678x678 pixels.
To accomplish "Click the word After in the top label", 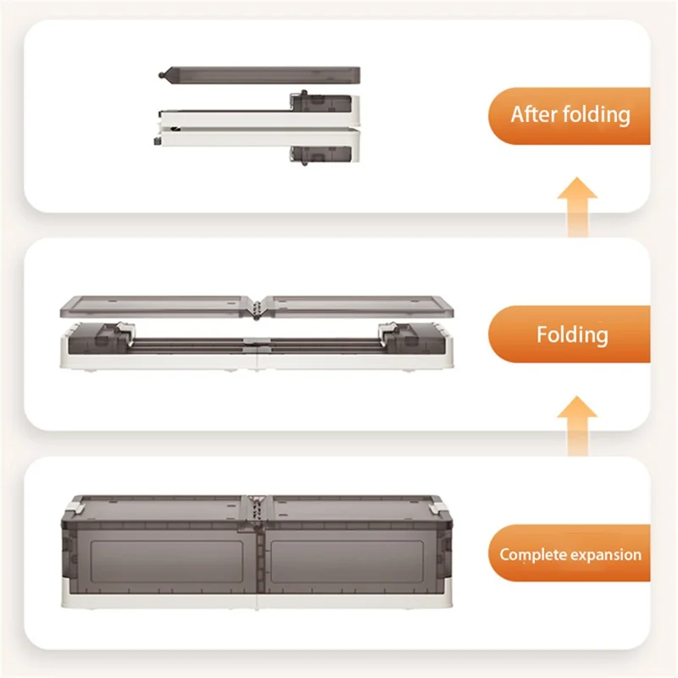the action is pos(534,114).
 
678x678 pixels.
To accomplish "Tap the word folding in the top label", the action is pos(597,115).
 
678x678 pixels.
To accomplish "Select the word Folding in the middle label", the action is pos(573,335).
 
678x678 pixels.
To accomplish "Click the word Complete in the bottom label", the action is pos(526,555).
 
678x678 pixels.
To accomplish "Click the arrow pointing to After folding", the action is pos(577,207).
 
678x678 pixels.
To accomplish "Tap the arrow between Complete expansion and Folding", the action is pos(577,425).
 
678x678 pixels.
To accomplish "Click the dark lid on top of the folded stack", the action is pos(259,75).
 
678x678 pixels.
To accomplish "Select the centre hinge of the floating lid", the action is pos(257,308).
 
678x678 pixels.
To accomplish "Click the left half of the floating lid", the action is pos(156,307).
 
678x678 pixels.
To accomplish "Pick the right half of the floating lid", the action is pos(358,307).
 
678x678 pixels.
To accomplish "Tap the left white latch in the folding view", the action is pos(125,331).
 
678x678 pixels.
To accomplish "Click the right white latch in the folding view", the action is pos(388,331).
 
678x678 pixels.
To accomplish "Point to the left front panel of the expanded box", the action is pos(166,562).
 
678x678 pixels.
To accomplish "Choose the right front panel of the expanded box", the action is pos(347,562).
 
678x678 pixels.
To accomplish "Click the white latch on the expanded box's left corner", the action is pos(75,505).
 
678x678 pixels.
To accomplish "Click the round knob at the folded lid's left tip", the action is pos(162,75).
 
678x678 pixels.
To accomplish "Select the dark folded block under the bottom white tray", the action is pos(321,155).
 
